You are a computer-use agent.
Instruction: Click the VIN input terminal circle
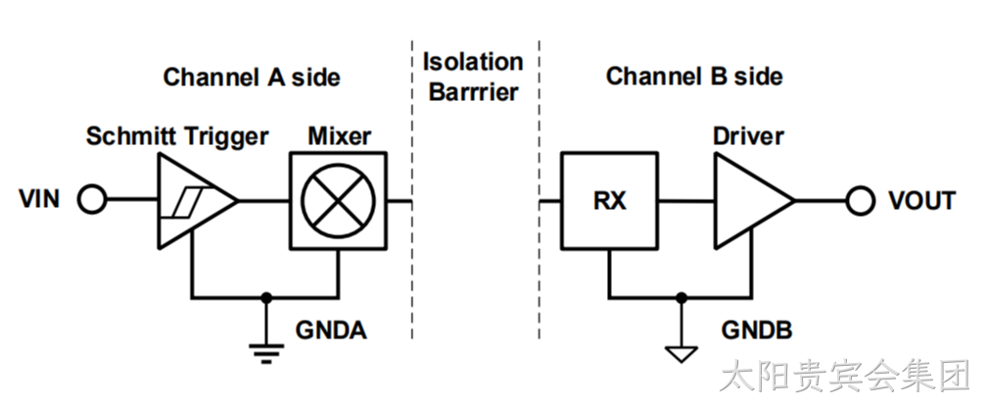pos(92,200)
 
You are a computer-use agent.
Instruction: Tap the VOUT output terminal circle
pos(860,200)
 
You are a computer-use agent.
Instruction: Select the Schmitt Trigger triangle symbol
pos(197,200)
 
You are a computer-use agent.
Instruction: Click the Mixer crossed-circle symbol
pos(338,200)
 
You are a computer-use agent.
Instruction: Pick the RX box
pos(609,200)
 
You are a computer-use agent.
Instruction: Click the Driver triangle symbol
pos(754,200)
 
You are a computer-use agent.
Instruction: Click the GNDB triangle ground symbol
pos(681,354)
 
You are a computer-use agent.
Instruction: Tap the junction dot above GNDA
pos(266,297)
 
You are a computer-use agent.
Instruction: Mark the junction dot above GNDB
pos(681,297)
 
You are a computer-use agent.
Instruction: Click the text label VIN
pos(39,199)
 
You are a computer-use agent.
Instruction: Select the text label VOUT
pos(922,200)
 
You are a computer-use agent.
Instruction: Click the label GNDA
pos(331,330)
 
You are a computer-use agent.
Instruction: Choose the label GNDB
pos(757,330)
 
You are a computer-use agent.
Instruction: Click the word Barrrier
pos(473,92)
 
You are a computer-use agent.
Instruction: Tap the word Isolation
pos(473,62)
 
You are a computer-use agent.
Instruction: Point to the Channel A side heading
pos(252,76)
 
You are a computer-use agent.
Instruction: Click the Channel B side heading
pos(694,76)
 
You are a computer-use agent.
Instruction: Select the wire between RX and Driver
pos(686,201)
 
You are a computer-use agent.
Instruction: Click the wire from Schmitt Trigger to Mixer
pos(263,201)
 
